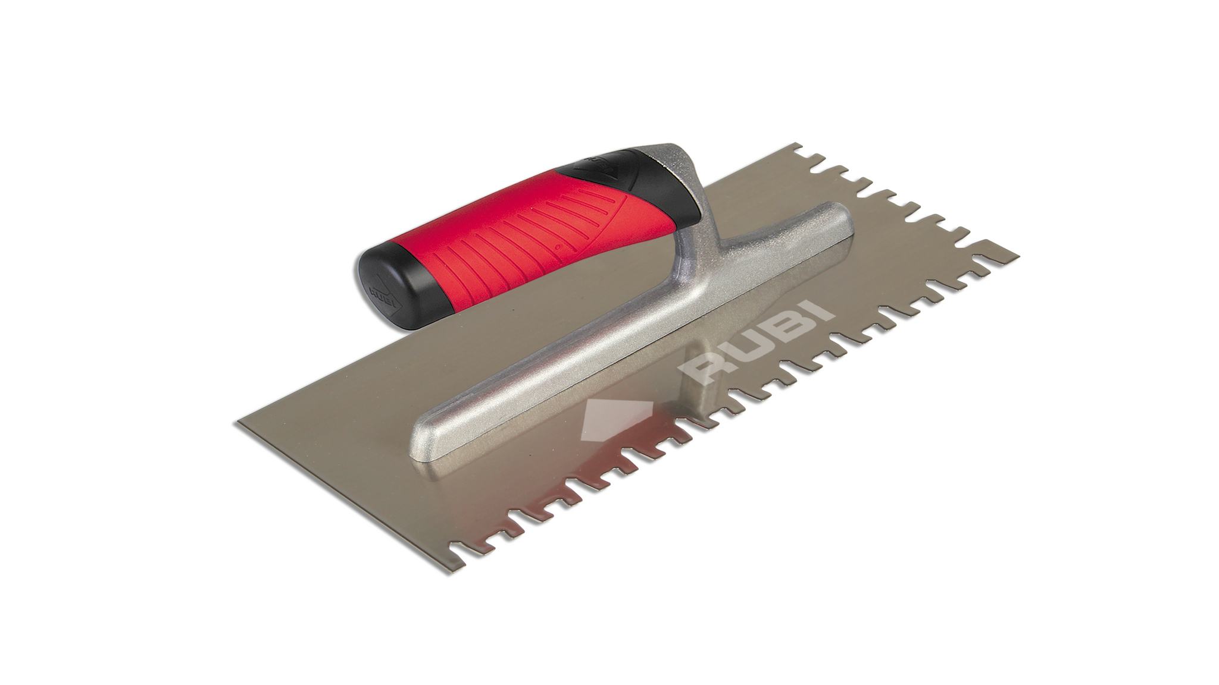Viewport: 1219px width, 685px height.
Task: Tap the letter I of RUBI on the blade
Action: click(815, 312)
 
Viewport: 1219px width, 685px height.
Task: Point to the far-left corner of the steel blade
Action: click(239, 423)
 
